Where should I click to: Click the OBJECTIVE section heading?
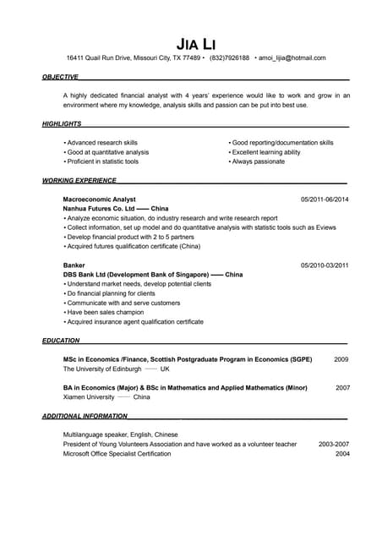[x=60, y=77]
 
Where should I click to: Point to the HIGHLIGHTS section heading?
[x=62, y=124]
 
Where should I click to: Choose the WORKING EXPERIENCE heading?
[x=79, y=180]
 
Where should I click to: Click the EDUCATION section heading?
[x=61, y=341]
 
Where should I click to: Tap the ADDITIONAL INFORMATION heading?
[x=85, y=416]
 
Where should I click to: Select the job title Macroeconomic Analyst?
[x=100, y=199]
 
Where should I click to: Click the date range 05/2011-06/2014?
[x=325, y=199]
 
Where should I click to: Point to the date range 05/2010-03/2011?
[x=325, y=265]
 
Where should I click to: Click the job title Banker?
[x=74, y=265]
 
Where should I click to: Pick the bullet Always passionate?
[x=259, y=161]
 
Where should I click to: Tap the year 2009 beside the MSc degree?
[x=341, y=359]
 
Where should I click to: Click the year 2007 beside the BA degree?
[x=342, y=387]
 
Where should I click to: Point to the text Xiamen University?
[x=89, y=396]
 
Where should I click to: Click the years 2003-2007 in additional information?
[x=334, y=444]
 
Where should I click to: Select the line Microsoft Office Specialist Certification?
[x=117, y=453]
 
